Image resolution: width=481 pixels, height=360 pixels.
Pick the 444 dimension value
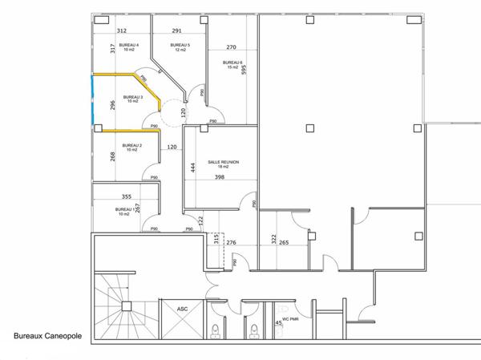click(x=192, y=167)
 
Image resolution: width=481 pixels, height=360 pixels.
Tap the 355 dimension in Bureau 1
click(x=126, y=196)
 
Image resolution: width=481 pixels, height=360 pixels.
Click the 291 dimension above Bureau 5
click(x=177, y=31)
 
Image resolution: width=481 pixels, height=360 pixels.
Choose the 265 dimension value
click(x=284, y=242)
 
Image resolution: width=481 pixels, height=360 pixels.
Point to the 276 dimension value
click(x=232, y=242)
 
